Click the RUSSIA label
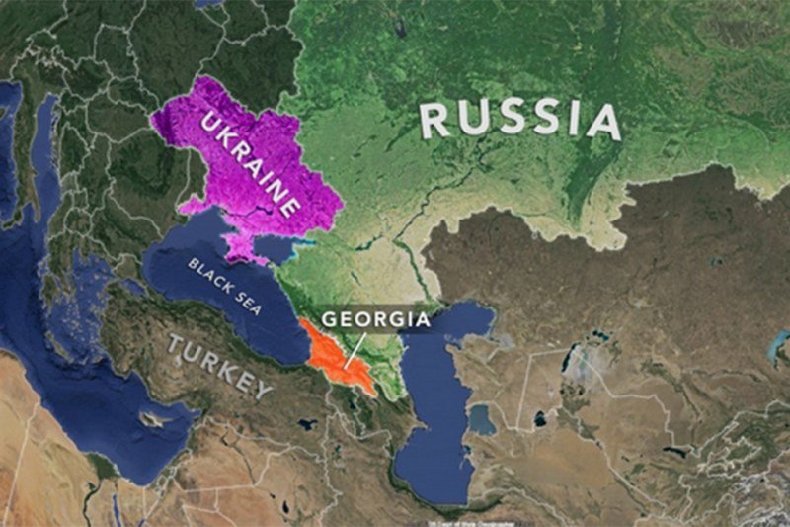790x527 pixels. tap(520, 119)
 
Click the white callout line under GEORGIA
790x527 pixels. tap(355, 349)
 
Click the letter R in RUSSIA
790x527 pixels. tap(435, 120)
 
